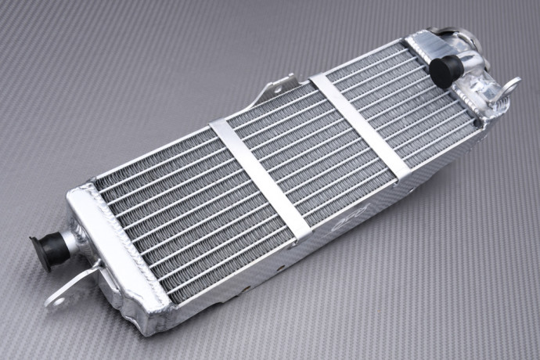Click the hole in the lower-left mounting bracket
tap(56, 297)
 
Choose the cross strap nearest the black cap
tap(359, 126)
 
